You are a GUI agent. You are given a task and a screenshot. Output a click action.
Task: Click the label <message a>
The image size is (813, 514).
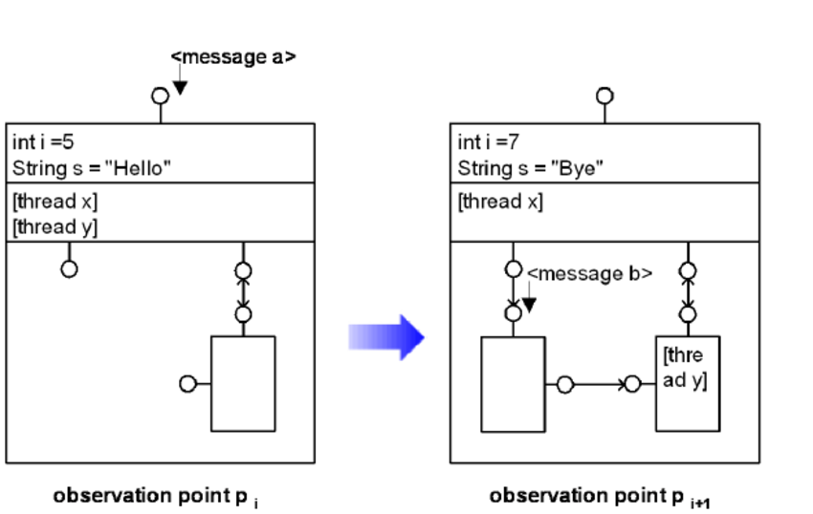point(233,56)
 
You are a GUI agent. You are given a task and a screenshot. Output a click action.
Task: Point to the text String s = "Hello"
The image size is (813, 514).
point(92,169)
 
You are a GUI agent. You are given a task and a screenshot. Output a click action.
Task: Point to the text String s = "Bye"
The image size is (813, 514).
point(531,169)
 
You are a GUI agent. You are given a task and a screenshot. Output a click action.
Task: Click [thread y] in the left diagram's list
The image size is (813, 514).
point(55,226)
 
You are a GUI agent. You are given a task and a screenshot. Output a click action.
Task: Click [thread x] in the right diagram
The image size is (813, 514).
point(500,202)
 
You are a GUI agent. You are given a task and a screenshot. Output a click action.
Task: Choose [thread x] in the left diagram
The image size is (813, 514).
point(55,202)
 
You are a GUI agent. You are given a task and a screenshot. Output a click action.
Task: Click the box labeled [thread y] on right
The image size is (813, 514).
point(687,383)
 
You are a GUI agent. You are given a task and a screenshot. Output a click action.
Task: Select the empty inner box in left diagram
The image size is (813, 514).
point(243,383)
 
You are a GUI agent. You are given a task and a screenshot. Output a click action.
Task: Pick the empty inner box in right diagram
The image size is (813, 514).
point(513,383)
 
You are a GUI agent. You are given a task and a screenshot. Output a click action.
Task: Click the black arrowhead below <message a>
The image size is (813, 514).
point(180,88)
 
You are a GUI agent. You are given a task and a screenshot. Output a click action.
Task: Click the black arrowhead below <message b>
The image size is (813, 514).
point(529,305)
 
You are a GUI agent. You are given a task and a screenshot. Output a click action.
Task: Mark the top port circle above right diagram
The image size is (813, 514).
point(604,96)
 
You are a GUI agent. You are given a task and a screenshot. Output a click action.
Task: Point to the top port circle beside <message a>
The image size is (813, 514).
point(160,96)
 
